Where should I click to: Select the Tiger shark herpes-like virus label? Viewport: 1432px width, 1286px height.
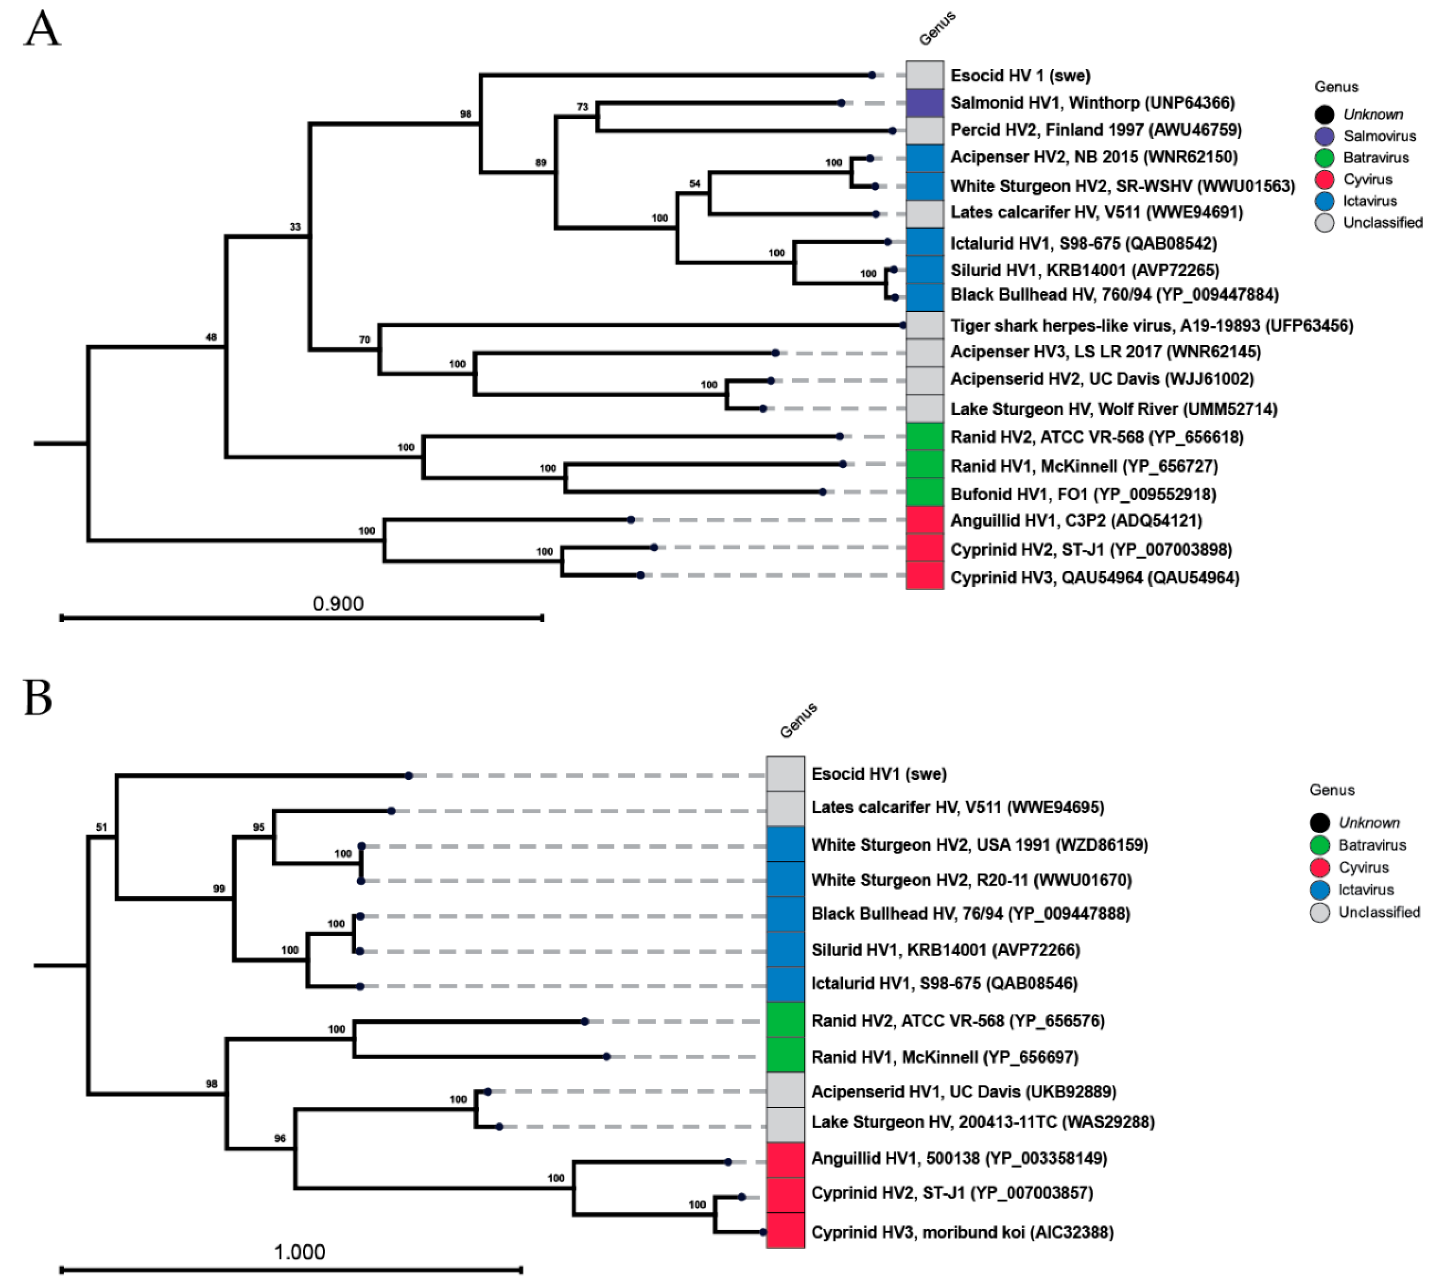(x=1151, y=326)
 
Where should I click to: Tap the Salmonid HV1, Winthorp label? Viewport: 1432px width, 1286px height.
(x=1092, y=103)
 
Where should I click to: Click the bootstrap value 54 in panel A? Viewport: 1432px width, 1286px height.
(x=695, y=184)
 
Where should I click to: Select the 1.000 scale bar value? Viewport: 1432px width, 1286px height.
(x=299, y=1252)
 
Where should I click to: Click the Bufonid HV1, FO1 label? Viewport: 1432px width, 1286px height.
(x=1082, y=494)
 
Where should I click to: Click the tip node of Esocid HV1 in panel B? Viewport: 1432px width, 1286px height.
(x=408, y=776)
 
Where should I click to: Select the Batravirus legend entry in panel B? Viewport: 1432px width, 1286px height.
(x=1371, y=845)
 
